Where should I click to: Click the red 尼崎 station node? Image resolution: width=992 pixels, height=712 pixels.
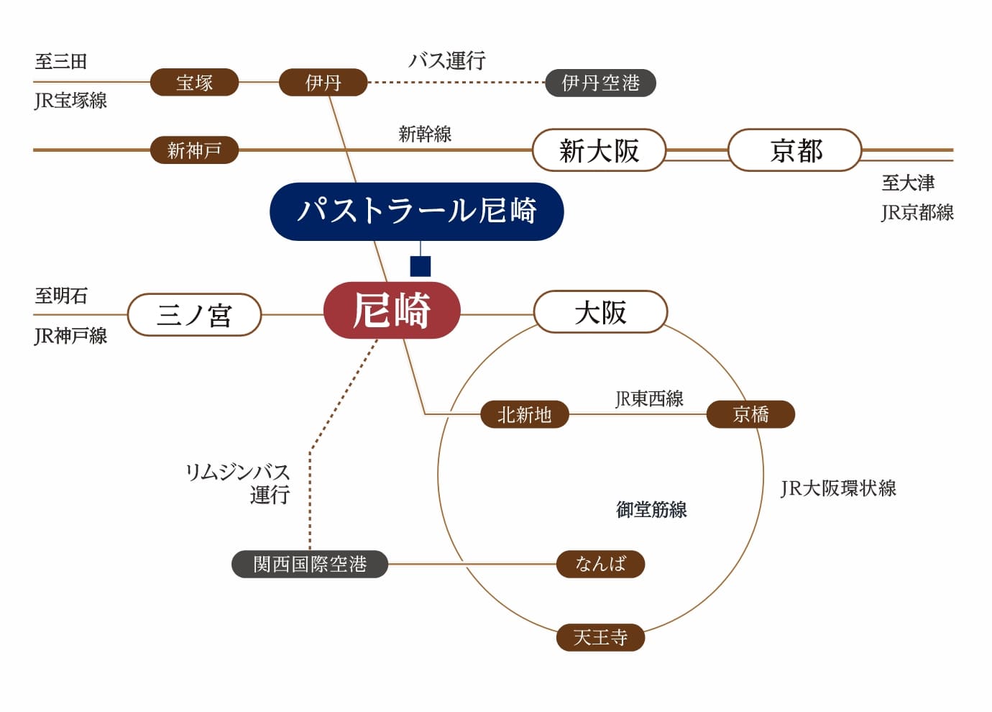(x=392, y=311)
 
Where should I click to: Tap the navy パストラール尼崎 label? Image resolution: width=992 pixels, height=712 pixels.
(x=416, y=211)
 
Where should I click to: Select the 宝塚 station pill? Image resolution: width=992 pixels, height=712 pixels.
(x=194, y=83)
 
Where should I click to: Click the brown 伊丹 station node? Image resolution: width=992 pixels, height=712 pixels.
(x=323, y=83)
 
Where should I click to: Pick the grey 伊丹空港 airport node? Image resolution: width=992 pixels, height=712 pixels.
(x=600, y=83)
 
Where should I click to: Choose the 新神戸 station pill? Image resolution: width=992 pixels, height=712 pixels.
(x=194, y=150)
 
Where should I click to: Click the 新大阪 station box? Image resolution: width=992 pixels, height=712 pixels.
(x=599, y=150)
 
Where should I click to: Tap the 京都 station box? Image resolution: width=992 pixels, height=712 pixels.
(x=795, y=150)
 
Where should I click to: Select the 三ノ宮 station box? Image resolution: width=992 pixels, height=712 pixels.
(x=194, y=314)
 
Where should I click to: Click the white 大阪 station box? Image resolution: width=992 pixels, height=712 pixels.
(x=600, y=312)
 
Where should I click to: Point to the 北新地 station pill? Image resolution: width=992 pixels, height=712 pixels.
(x=524, y=414)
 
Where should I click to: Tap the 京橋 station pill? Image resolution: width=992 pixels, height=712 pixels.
(x=750, y=414)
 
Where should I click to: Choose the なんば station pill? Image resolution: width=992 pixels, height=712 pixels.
(x=600, y=564)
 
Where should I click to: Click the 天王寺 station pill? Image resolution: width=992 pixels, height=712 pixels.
(x=600, y=637)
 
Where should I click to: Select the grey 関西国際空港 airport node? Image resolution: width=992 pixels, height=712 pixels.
(x=310, y=564)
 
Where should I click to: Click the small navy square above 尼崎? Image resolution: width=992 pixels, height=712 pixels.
(x=421, y=266)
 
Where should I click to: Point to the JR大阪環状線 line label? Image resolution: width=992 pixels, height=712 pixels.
(x=838, y=488)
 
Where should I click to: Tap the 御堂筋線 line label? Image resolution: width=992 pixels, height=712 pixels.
(x=651, y=510)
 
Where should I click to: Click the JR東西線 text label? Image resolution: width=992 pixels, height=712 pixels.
(x=649, y=398)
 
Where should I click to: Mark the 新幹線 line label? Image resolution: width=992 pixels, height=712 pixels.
(x=425, y=134)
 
